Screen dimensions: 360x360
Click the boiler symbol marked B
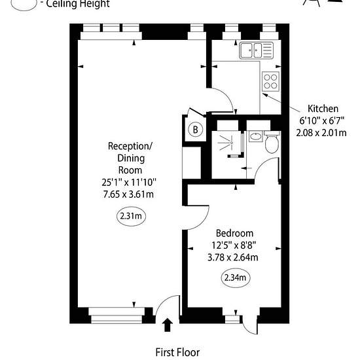coord(196,130)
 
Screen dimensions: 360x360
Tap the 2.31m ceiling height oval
coord(131,216)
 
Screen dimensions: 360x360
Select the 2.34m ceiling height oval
coord(236,278)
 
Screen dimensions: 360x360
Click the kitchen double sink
coord(256,50)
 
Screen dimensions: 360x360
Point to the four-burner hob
coord(270,81)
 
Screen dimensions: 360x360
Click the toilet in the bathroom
coord(272,142)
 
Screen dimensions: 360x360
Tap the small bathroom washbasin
coord(256,136)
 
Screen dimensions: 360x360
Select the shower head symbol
coord(227,143)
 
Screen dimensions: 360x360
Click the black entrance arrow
coord(168,325)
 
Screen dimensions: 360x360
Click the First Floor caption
coord(177,352)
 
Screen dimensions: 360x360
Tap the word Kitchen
coord(323,109)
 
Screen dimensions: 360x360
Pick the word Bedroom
coord(234,233)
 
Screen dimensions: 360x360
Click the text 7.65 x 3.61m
coord(128,194)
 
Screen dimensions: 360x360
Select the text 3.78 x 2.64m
coord(233,257)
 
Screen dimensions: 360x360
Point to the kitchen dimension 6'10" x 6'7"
coord(322,121)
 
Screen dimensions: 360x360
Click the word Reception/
coord(130,146)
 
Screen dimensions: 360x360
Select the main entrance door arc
coord(164,301)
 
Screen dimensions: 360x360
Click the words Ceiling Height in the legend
coord(78,4)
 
